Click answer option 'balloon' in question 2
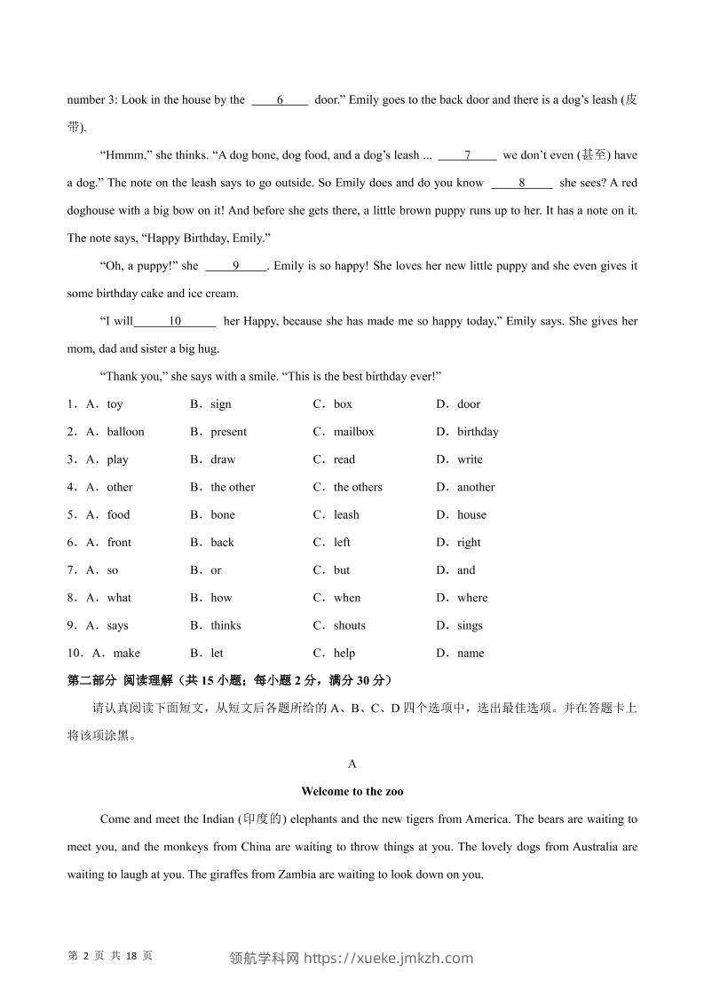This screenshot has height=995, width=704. (x=125, y=432)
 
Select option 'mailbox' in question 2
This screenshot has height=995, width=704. (x=353, y=432)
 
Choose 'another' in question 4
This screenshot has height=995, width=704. (x=476, y=487)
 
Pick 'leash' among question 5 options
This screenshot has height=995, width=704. (x=346, y=514)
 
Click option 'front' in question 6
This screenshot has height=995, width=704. (x=119, y=542)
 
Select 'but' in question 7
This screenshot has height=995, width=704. (x=342, y=570)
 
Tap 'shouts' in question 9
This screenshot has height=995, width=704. (x=349, y=625)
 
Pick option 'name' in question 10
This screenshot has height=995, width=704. (x=471, y=654)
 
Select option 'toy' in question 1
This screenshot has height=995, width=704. (x=115, y=404)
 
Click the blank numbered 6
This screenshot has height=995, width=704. (x=280, y=100)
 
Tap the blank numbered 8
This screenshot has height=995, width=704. (x=522, y=183)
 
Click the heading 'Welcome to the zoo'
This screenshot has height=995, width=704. (x=352, y=791)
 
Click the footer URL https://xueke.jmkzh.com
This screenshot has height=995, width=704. (x=389, y=958)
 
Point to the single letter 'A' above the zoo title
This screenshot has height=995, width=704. (x=352, y=764)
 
